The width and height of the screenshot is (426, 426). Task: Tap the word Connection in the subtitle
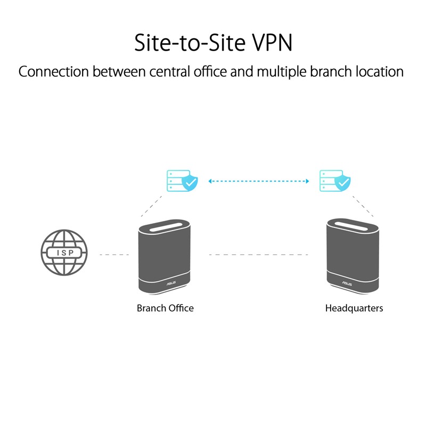point(54,71)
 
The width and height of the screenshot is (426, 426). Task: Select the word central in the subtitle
point(175,71)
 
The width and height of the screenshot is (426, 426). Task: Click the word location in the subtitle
point(378,71)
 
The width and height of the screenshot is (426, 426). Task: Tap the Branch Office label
point(165,308)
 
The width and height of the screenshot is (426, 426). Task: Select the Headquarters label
point(354,308)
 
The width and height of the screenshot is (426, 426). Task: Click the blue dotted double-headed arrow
point(259,182)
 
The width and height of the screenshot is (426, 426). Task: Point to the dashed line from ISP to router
point(114,255)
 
